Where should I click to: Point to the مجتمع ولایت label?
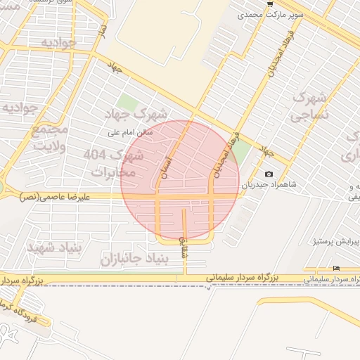(x=50, y=138)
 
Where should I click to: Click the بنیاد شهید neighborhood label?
(x=56, y=247)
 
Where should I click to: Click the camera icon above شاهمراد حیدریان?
(x=269, y=174)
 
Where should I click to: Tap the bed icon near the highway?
(x=336, y=268)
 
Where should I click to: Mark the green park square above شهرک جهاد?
(x=127, y=103)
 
